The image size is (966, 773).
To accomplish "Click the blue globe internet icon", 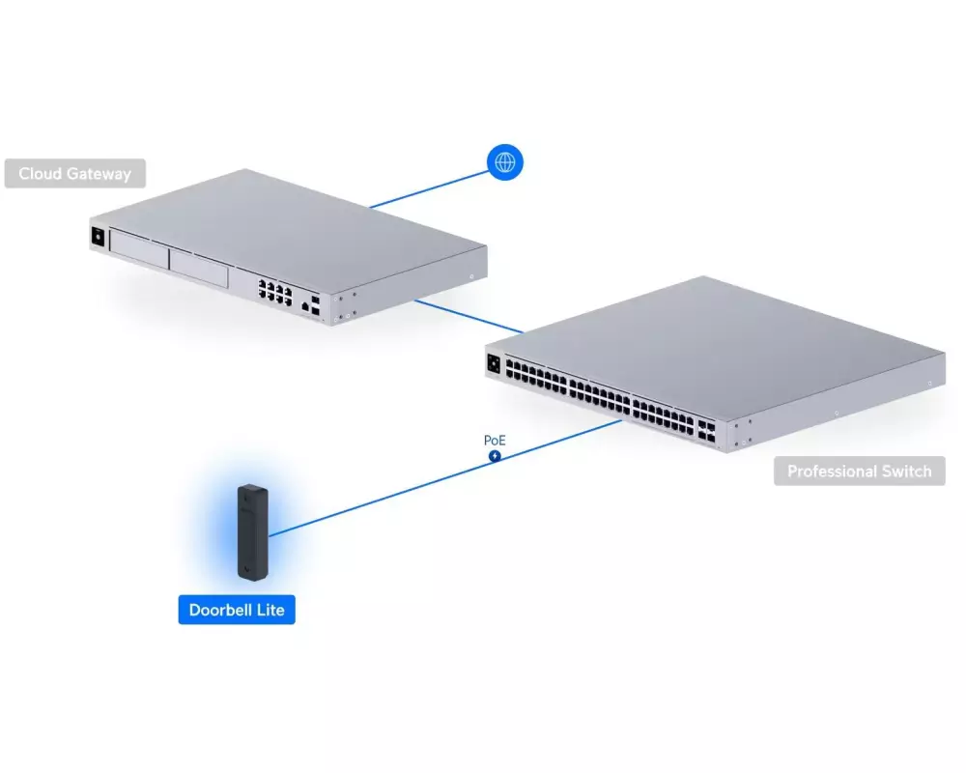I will tap(504, 162).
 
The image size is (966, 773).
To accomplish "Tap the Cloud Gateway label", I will tap(73, 174).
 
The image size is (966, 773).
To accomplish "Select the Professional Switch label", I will tap(859, 472).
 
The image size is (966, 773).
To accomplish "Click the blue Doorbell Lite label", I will tap(236, 611).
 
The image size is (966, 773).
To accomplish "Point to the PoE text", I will tap(495, 441).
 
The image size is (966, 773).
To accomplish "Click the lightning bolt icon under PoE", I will tap(495, 456).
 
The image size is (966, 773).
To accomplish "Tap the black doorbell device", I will tap(253, 532).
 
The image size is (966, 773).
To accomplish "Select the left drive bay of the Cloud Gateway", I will tap(138, 255).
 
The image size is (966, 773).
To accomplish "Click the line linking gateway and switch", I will tap(469, 316).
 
